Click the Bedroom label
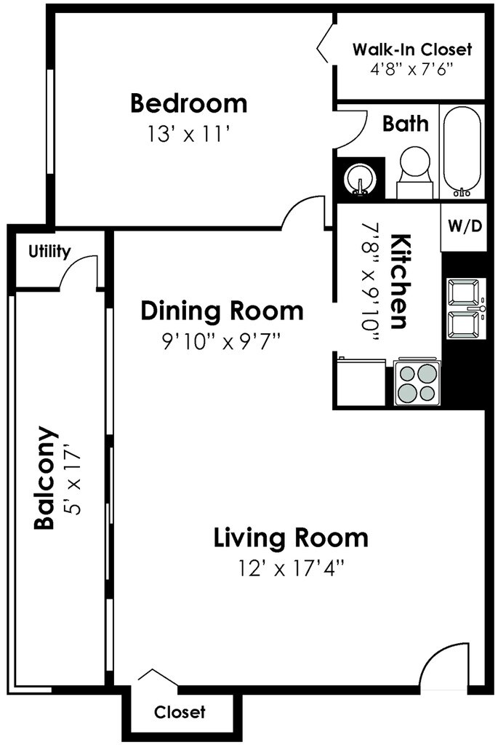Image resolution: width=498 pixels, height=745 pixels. click(189, 103)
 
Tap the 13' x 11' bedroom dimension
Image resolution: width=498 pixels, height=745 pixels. click(189, 135)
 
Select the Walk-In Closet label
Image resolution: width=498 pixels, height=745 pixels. click(412, 49)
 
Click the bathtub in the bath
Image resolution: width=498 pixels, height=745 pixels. click(462, 151)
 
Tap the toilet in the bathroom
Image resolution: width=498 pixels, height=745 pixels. click(415, 172)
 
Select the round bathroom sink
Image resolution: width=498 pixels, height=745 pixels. click(361, 180)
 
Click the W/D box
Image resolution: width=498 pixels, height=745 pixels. click(465, 227)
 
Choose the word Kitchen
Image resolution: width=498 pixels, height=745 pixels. click(399, 282)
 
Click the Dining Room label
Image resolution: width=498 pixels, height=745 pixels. click(222, 311)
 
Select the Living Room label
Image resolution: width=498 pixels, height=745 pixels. click(291, 538)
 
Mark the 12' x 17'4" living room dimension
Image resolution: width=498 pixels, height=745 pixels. click(291, 567)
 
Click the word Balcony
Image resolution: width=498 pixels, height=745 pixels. click(45, 477)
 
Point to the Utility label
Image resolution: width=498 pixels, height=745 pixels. click(49, 251)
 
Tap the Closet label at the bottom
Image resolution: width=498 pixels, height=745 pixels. click(180, 712)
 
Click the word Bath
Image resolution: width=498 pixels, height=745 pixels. click(406, 124)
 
